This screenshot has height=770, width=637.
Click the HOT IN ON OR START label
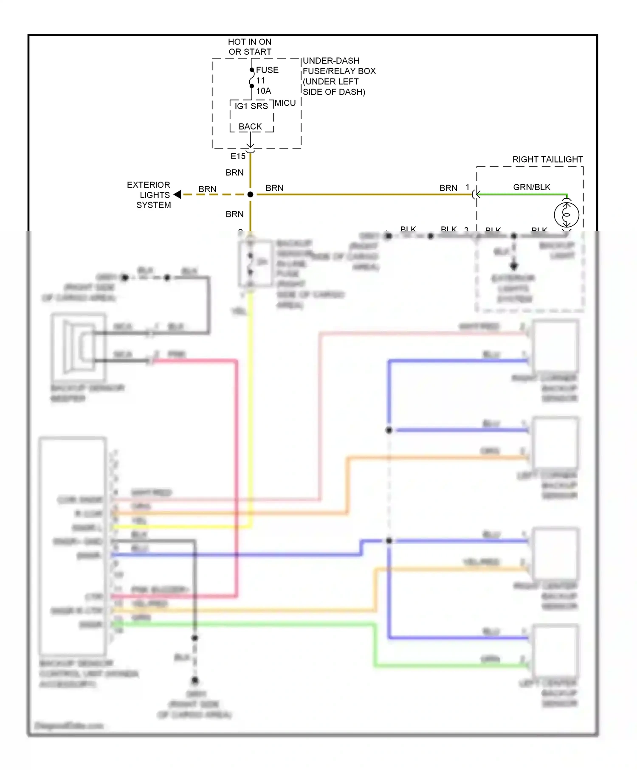pyautogui.click(x=249, y=47)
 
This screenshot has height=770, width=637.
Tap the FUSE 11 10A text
pyautogui.click(x=267, y=80)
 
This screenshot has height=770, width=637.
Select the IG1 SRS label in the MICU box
pyautogui.click(x=251, y=106)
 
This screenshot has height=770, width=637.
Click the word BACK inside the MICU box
pyautogui.click(x=250, y=126)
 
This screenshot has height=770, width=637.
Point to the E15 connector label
pyautogui.click(x=238, y=156)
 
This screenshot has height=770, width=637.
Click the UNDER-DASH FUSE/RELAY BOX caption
pyautogui.click(x=338, y=76)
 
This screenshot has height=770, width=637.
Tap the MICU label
pyautogui.click(x=285, y=103)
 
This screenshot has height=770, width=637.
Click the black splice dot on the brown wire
pyautogui.click(x=250, y=194)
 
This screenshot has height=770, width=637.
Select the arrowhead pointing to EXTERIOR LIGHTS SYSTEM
pyautogui.click(x=178, y=194)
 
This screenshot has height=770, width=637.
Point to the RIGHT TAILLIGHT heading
pyautogui.click(x=547, y=159)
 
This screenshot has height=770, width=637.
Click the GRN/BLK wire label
pyautogui.click(x=531, y=187)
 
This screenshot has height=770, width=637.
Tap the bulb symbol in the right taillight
pyautogui.click(x=566, y=215)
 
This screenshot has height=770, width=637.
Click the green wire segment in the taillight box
pyautogui.click(x=522, y=195)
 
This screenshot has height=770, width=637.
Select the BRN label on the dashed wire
pyautogui.click(x=207, y=189)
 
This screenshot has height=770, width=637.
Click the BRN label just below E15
pyautogui.click(x=234, y=173)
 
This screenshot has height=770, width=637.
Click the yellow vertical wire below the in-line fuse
pyautogui.click(x=251, y=403)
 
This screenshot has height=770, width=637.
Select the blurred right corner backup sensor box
pyautogui.click(x=555, y=346)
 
